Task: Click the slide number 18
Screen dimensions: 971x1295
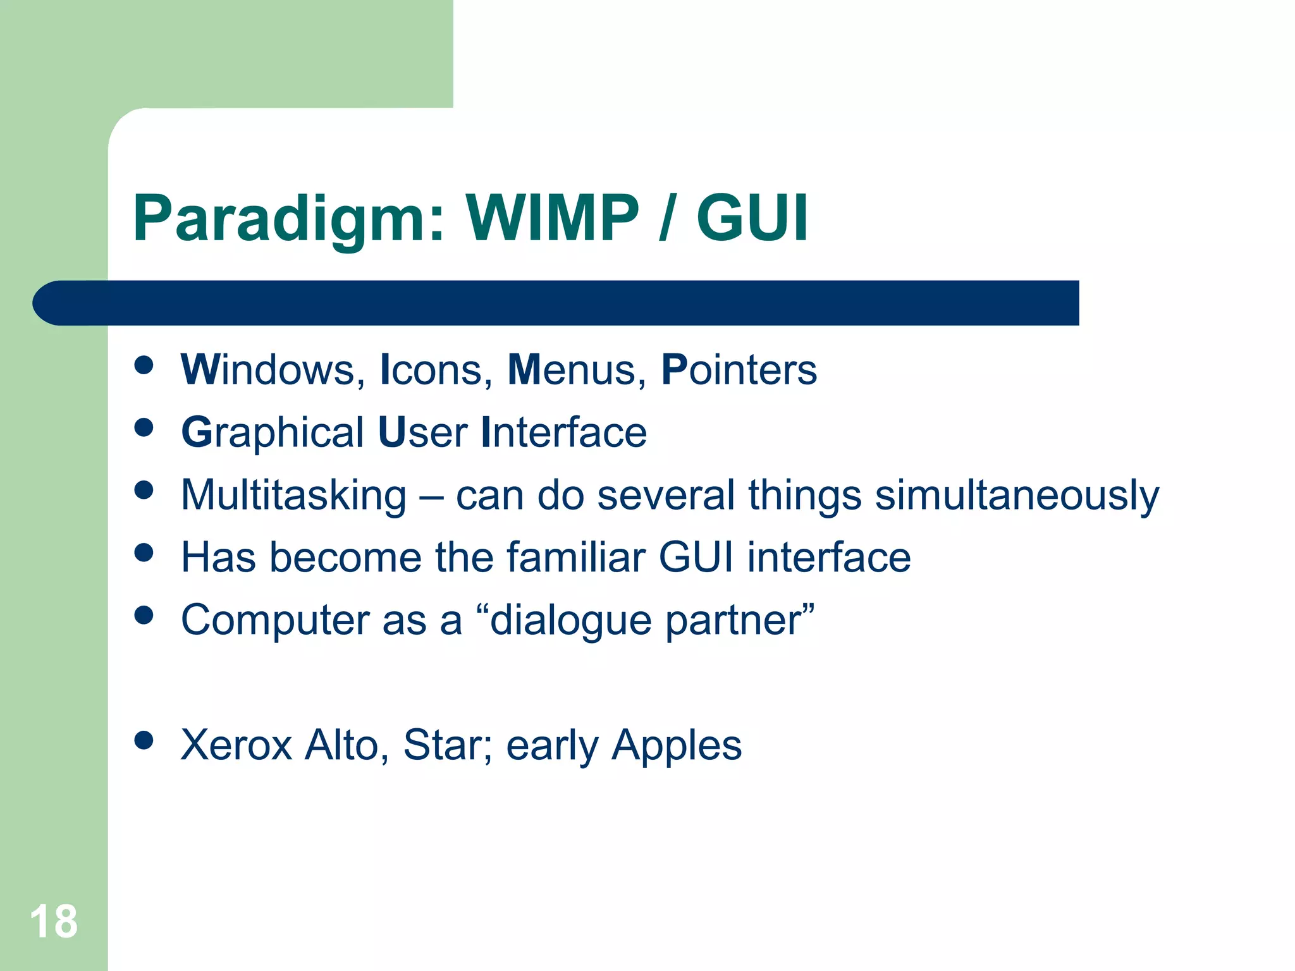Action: (x=54, y=922)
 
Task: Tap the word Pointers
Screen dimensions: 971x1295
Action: (x=739, y=369)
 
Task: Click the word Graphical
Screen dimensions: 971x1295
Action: (x=272, y=434)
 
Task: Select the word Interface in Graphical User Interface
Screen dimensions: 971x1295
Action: (x=563, y=432)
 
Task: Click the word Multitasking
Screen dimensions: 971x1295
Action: (x=293, y=495)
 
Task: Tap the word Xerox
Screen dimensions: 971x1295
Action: (x=236, y=745)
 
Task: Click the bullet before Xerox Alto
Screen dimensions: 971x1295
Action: (x=144, y=740)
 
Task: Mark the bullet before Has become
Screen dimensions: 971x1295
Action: (x=144, y=553)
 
